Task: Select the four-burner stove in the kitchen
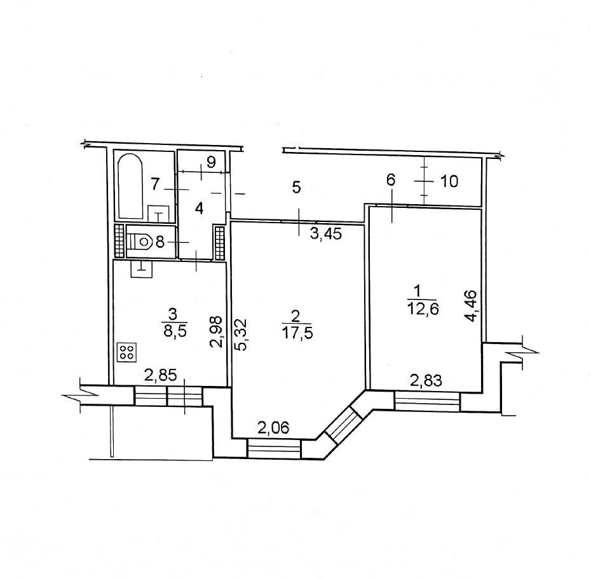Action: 127,352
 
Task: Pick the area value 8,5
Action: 175,332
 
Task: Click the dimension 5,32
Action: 241,335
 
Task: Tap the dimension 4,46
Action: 471,305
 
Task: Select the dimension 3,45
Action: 325,234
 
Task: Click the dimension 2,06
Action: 273,427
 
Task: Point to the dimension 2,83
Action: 426,381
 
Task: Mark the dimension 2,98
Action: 217,332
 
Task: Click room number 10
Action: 449,181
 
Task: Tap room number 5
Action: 297,188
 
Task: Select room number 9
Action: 211,162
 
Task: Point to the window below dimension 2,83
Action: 428,401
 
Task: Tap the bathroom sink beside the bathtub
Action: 158,214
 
